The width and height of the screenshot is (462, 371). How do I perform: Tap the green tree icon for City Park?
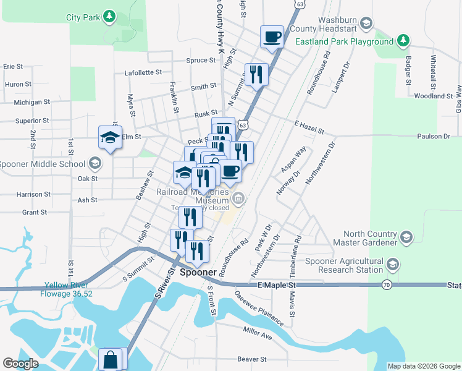coord(109,15)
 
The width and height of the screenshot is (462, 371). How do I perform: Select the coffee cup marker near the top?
coord(272,37)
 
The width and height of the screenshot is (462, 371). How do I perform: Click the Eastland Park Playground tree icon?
coord(403,41)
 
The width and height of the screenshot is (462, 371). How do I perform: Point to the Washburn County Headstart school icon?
coord(366,24)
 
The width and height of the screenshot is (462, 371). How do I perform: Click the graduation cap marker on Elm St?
coord(110,137)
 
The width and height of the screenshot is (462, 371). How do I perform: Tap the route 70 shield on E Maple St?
coord(386,285)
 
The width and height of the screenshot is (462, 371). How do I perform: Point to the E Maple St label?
coord(276,285)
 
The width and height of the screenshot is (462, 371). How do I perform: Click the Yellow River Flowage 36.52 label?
coord(68,289)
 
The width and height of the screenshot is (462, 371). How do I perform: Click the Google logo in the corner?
coord(20,364)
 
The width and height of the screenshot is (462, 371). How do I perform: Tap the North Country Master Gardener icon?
coord(406,237)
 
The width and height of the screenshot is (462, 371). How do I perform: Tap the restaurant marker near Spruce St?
coord(256,75)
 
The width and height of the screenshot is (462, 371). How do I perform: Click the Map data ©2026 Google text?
coord(423,366)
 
